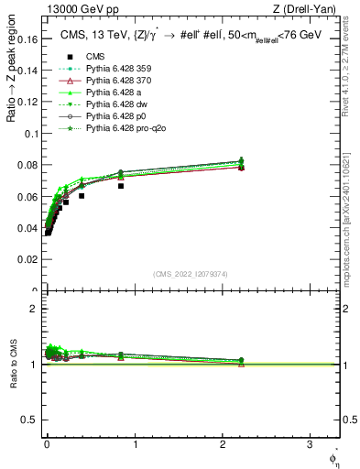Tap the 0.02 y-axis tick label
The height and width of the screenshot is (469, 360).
pyautogui.click(x=27, y=260)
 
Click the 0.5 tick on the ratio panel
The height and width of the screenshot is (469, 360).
pyautogui.click(x=30, y=420)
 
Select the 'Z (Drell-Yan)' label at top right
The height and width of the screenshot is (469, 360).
pyautogui.click(x=309, y=9)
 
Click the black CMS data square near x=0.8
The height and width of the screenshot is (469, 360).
pyautogui.click(x=120, y=186)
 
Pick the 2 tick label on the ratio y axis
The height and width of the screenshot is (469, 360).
pyautogui.click(x=34, y=309)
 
